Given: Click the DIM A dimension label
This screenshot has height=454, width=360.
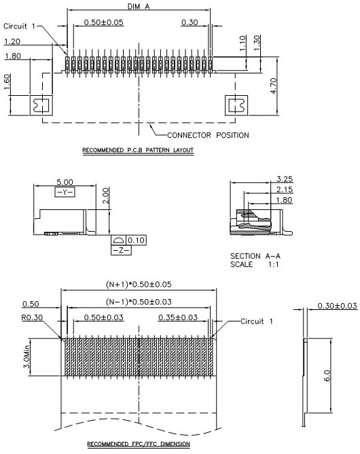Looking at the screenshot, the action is click(x=139, y=6).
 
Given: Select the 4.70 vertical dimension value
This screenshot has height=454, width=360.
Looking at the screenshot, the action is click(x=274, y=86).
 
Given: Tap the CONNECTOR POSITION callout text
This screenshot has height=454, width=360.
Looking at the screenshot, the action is click(x=208, y=135).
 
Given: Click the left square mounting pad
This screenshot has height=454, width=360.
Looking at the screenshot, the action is click(x=41, y=105).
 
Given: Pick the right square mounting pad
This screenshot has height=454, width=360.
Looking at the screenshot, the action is click(x=236, y=105).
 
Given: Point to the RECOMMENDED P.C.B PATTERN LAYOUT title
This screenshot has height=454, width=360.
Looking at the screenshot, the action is click(x=138, y=150).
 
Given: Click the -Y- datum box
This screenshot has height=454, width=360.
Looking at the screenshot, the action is click(x=65, y=192).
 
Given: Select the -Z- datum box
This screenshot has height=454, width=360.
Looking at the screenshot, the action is click(x=122, y=250).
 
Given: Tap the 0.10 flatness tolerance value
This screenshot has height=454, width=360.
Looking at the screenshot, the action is click(x=136, y=241).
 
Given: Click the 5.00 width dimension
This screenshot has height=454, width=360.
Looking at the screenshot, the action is click(x=65, y=182).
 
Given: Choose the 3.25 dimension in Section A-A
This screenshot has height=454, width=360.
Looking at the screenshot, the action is click(x=285, y=179).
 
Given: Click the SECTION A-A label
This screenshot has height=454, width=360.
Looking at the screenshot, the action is click(x=255, y=256).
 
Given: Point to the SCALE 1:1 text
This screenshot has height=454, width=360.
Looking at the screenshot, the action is click(x=255, y=264).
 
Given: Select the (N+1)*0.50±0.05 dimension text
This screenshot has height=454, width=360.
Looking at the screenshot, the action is click(x=139, y=284).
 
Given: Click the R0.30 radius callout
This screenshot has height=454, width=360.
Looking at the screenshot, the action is click(x=32, y=317).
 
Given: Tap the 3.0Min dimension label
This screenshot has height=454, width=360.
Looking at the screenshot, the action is click(x=26, y=357).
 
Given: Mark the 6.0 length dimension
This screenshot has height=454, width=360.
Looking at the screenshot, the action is click(x=327, y=376).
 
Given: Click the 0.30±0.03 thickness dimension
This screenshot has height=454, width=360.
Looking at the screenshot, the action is click(x=337, y=306).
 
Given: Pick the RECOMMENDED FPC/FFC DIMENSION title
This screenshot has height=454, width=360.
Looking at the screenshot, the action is click(x=139, y=444).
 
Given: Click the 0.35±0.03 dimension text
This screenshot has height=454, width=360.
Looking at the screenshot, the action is click(x=178, y=317).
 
